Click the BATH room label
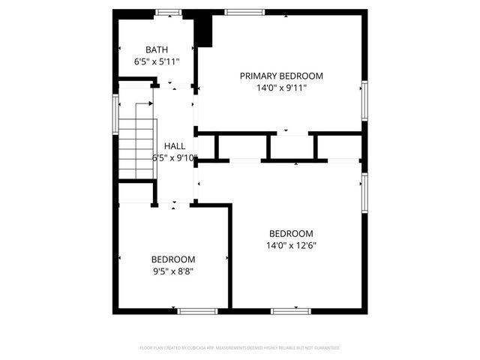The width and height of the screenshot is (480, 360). point(157,49)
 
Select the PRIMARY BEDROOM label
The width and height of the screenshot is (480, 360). point(281,76)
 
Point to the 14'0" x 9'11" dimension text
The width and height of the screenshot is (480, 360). point(281,88)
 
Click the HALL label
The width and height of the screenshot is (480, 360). point(175,146)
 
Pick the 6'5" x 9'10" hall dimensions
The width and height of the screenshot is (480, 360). point(175,158)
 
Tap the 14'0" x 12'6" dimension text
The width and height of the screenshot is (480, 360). point(291,245)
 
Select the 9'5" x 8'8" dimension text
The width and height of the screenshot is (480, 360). point(173,271)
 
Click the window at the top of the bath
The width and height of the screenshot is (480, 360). point(168,12)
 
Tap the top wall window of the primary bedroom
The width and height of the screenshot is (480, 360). point(244,12)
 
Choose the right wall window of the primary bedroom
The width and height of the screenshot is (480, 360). point(364,100)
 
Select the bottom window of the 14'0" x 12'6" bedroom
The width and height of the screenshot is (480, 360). point(291,310)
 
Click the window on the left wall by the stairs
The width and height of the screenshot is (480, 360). point(115,113)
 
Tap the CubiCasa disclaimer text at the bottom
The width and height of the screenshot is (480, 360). point(240,348)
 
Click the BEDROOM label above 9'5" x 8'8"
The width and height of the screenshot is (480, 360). point(173,259)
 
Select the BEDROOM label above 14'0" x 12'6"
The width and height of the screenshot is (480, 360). point(291,233)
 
